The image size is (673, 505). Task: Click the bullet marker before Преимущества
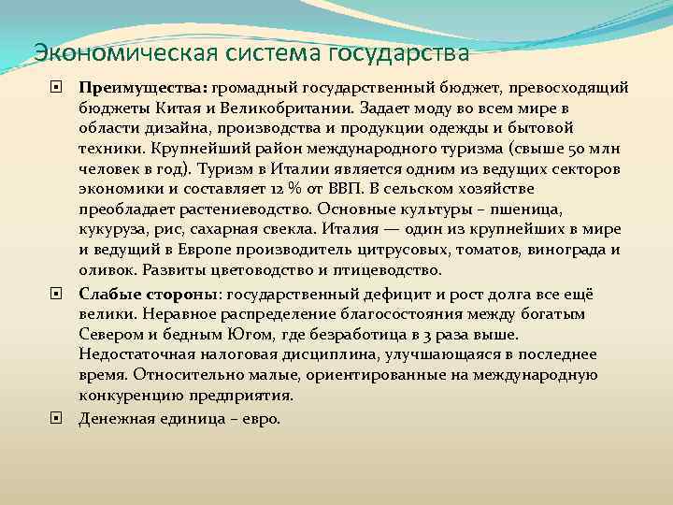tap(59, 87)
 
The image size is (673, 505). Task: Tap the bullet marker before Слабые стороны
tap(59, 292)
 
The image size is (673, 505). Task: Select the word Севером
tap(113, 333)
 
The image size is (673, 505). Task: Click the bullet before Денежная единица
tap(59, 418)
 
